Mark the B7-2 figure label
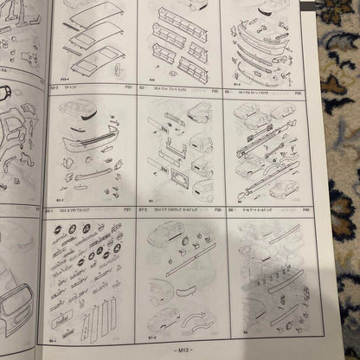[148, 330]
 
